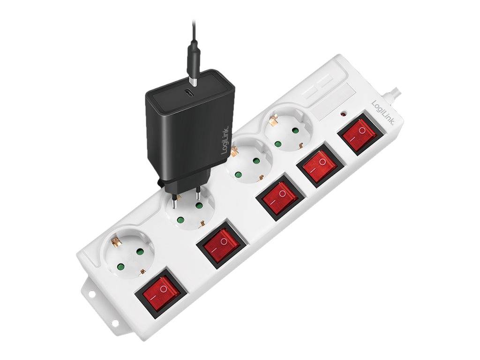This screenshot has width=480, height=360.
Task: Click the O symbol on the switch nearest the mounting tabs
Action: click(x=164, y=288)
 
